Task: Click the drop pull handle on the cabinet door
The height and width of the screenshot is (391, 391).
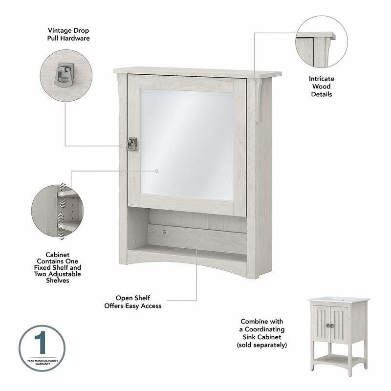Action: (132, 144)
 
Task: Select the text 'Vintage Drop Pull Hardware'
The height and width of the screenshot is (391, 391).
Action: (68, 34)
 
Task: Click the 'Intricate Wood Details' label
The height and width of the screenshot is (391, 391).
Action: (321, 86)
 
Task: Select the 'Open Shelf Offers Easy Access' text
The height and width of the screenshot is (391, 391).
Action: (132, 302)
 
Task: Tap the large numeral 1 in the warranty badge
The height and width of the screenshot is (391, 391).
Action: (42, 343)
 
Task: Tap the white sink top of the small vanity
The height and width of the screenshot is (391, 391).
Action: (338, 299)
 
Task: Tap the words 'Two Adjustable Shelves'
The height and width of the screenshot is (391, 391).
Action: (64, 277)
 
